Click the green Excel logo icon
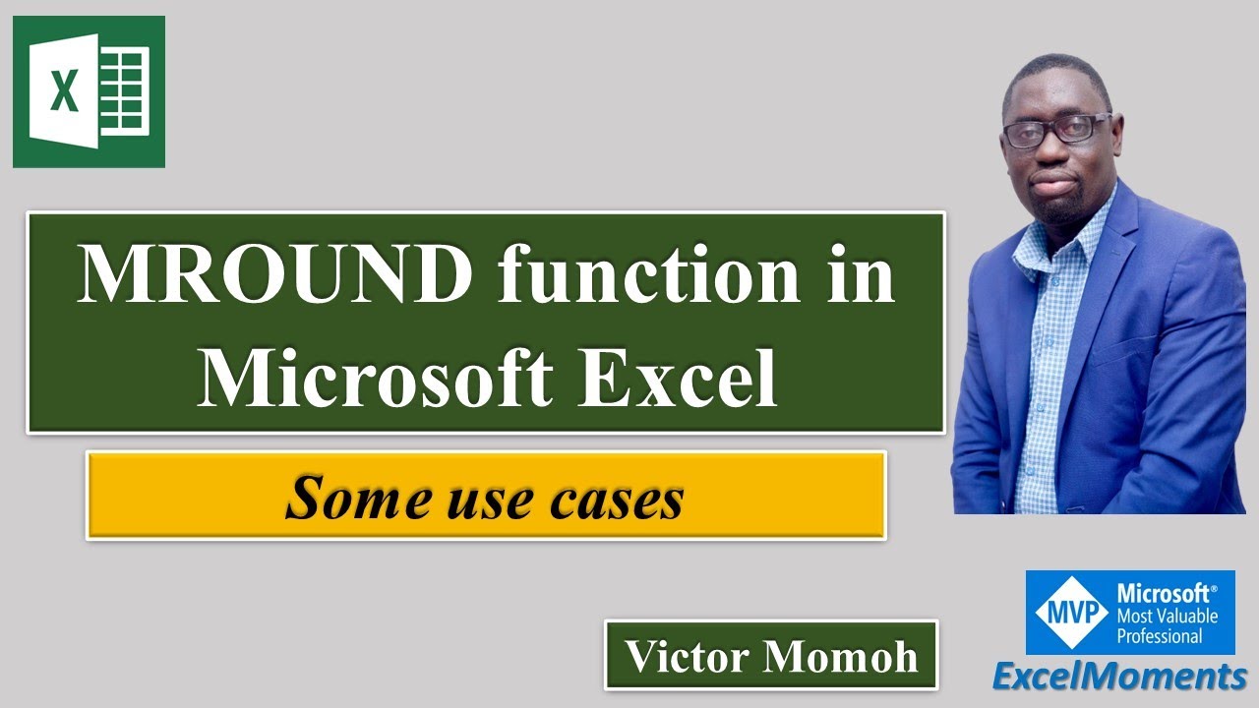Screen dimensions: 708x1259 pos(89,91)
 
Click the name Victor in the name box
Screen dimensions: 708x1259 pos(686,656)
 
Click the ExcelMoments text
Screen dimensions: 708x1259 pos(1118,678)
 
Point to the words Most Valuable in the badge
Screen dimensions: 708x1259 pos(1167,616)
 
